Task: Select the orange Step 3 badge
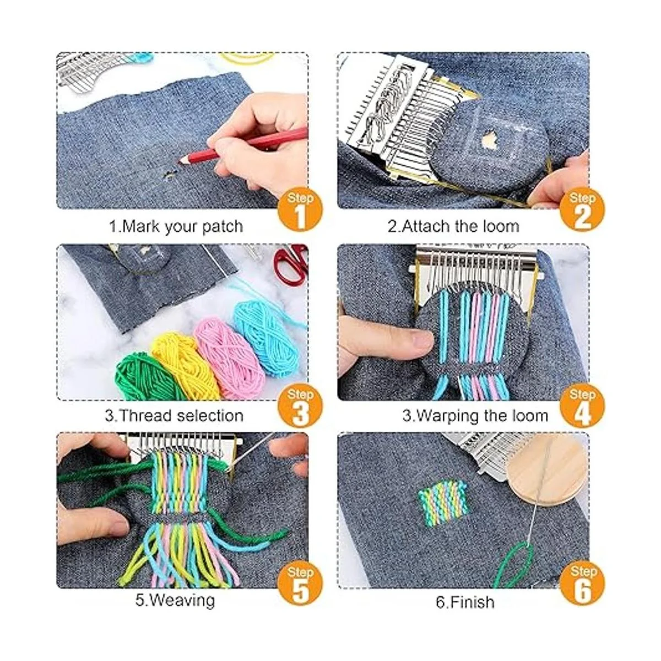point(300,406)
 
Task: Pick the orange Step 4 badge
point(582,406)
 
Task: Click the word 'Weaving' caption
point(182,599)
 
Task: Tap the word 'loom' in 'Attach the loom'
point(500,226)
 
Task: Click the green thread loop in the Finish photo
point(515,562)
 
